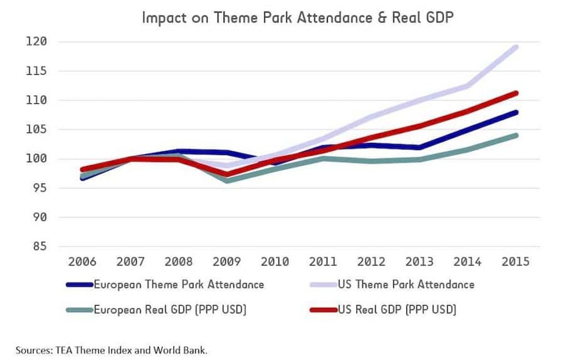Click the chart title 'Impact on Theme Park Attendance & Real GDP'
[x=298, y=17]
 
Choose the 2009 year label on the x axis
[x=227, y=261]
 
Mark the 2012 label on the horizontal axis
[x=371, y=261]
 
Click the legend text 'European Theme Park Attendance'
[x=179, y=285]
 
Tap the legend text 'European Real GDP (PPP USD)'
[x=170, y=310]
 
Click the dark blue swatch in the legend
[x=79, y=285]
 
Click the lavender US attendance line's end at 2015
[x=516, y=47]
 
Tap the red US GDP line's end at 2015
[x=516, y=93]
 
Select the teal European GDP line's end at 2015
[x=516, y=136]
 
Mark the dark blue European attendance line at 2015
[x=516, y=112]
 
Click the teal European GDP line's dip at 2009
[x=227, y=181]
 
